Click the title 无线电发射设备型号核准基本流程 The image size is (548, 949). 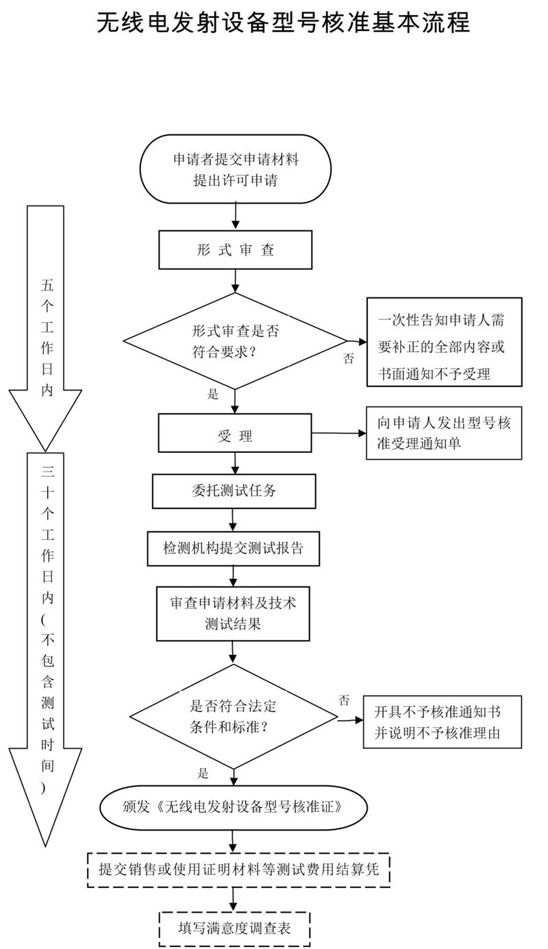(x=283, y=22)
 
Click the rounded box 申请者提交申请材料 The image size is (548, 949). (x=235, y=170)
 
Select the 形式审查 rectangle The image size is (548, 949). (x=235, y=250)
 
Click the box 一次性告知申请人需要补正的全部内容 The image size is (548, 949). (x=444, y=341)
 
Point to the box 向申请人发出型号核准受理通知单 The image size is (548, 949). (x=444, y=433)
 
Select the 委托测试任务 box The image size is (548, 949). (x=234, y=491)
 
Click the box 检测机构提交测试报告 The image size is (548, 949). (x=234, y=548)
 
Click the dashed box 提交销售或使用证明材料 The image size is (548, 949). (x=238, y=870)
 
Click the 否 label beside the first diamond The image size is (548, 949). (x=348, y=358)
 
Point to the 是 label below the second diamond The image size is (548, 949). (x=203, y=772)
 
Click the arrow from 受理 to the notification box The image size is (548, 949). (x=338, y=434)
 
